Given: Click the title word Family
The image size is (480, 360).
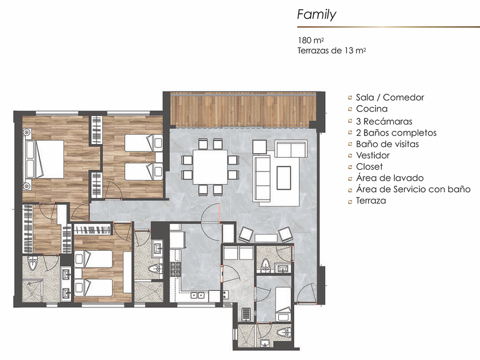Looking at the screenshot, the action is tap(317, 15).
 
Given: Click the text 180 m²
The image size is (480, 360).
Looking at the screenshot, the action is tap(311, 40).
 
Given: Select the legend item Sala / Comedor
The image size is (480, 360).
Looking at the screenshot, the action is tap(390, 97).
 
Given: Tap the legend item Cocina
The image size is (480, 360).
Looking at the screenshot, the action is tap(371, 109).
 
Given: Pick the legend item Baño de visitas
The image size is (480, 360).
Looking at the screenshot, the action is tap(387, 144).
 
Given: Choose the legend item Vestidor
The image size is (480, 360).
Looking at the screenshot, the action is tap(373, 155).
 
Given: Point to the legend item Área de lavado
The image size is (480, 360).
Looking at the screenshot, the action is tap(390, 178).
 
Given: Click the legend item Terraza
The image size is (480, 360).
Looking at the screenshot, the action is tap(371, 201).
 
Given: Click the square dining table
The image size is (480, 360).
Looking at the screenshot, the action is tap(210, 167).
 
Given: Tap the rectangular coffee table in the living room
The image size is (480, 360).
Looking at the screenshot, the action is tap(284, 178).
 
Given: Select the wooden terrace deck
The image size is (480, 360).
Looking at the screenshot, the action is tap(243, 111).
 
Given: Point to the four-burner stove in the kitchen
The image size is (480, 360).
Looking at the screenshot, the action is tap(176, 269).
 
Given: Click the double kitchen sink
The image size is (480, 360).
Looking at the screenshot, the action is tap(198, 295).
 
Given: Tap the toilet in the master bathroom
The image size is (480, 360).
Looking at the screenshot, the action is tap(33, 264).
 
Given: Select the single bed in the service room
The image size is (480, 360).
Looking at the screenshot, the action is tap(283, 304).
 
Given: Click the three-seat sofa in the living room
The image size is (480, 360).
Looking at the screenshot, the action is tap(262, 178).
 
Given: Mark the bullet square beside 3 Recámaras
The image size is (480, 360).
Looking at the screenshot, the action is tap(350, 121).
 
